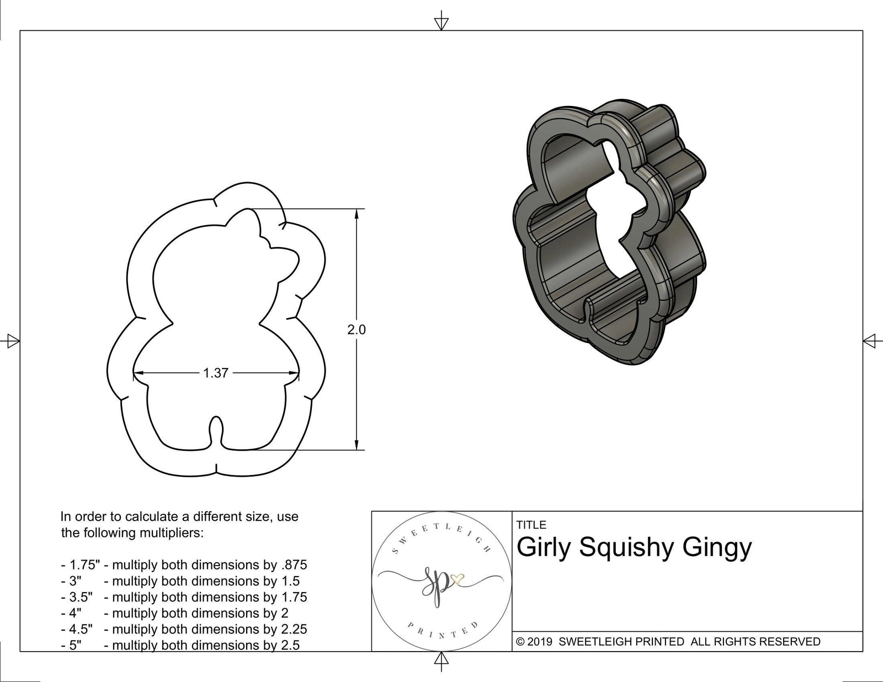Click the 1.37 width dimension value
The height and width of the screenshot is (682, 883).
pos(216,374)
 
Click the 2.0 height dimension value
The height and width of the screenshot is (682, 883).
pos(357,330)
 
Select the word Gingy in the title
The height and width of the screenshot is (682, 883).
pos(717,548)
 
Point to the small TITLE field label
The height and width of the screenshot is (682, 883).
pos(531,525)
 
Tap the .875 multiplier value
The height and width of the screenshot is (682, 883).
pos(294,565)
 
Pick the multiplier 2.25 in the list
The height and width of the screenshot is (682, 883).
pos(294,629)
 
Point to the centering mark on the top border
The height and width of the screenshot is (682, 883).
pos(441,23)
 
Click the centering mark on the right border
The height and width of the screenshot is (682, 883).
pos(870,340)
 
